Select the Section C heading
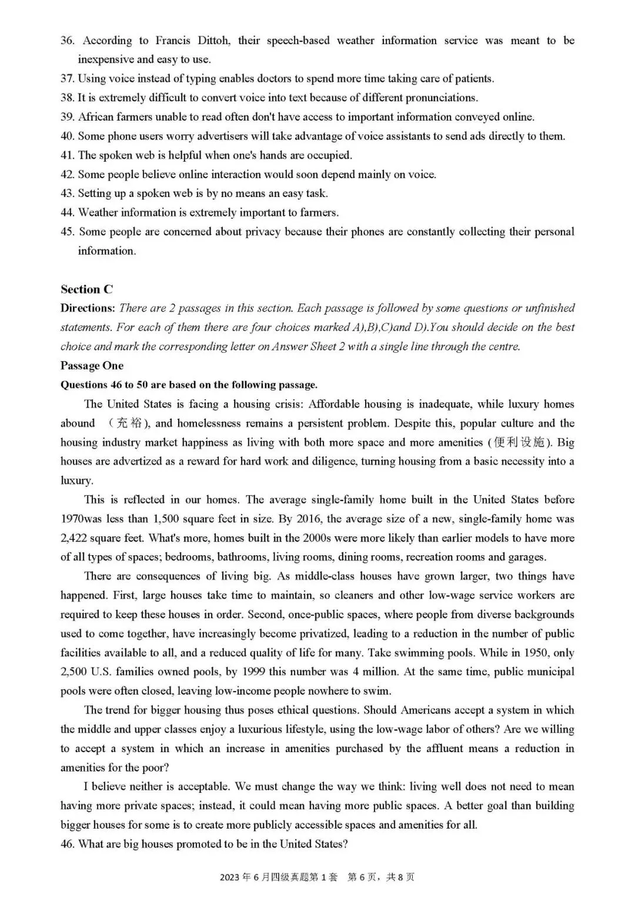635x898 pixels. [x=86, y=289]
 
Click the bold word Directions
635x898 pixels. [x=88, y=308]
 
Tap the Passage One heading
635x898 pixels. [x=92, y=366]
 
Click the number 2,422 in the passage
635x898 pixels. [x=73, y=538]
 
